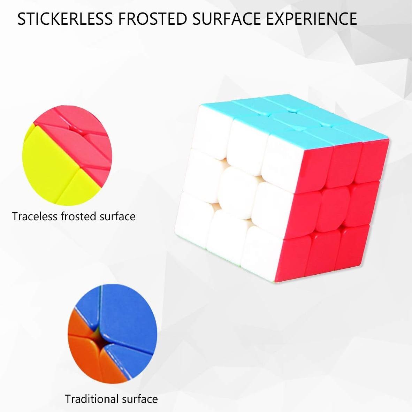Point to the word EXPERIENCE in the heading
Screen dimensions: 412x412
(312, 19)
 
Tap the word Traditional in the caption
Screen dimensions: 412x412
(88, 399)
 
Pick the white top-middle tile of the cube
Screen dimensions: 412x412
(247, 143)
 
